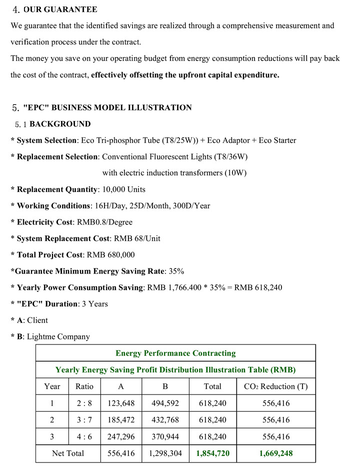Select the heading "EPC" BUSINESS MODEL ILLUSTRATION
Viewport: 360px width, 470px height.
(x=107, y=107)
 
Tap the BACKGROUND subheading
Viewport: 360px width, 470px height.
(x=60, y=124)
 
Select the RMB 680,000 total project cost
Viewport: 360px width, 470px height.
(x=110, y=254)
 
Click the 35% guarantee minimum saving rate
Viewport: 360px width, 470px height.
(x=175, y=271)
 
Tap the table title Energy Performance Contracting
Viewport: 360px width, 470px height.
(x=175, y=353)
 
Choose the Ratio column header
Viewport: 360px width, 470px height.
(x=84, y=386)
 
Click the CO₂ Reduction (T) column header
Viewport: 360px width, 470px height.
(x=275, y=386)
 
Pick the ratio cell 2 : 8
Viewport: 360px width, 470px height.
(x=84, y=403)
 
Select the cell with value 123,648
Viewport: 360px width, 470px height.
(x=121, y=403)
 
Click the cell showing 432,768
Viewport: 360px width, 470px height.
(x=165, y=420)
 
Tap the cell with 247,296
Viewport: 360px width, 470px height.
(x=121, y=436)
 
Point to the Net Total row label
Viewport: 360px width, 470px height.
(x=68, y=453)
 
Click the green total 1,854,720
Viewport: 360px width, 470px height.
(x=212, y=453)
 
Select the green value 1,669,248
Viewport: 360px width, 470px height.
(x=275, y=453)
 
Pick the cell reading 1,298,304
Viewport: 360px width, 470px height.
(x=165, y=453)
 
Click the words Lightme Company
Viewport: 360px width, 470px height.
(x=58, y=336)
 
